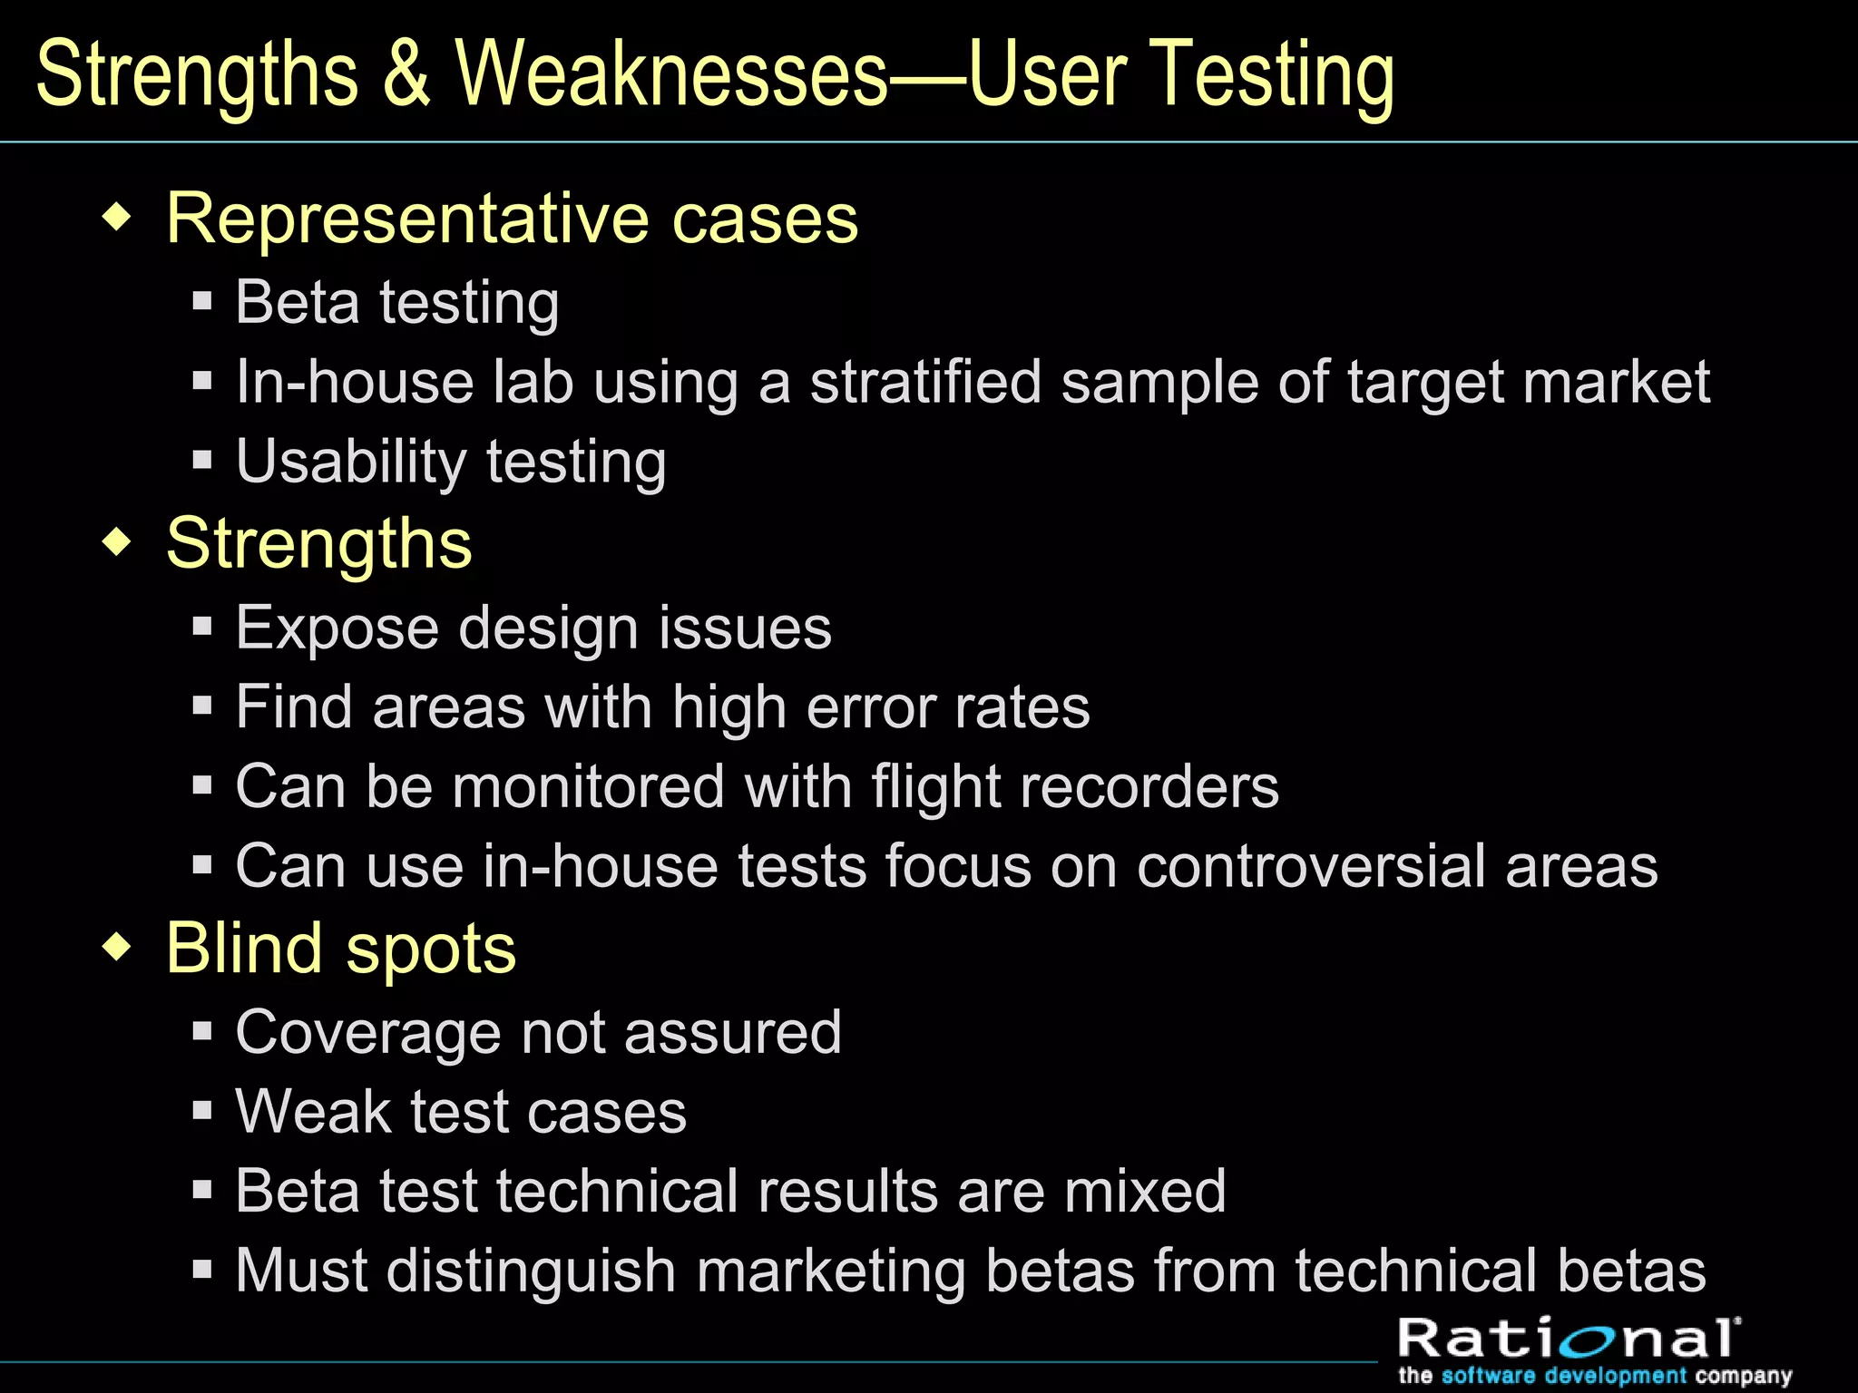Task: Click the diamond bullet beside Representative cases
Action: click(118, 219)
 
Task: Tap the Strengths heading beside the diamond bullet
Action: click(319, 544)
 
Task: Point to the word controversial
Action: click(1311, 866)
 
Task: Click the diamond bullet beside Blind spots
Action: click(118, 949)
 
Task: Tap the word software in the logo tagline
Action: click(1489, 1376)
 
